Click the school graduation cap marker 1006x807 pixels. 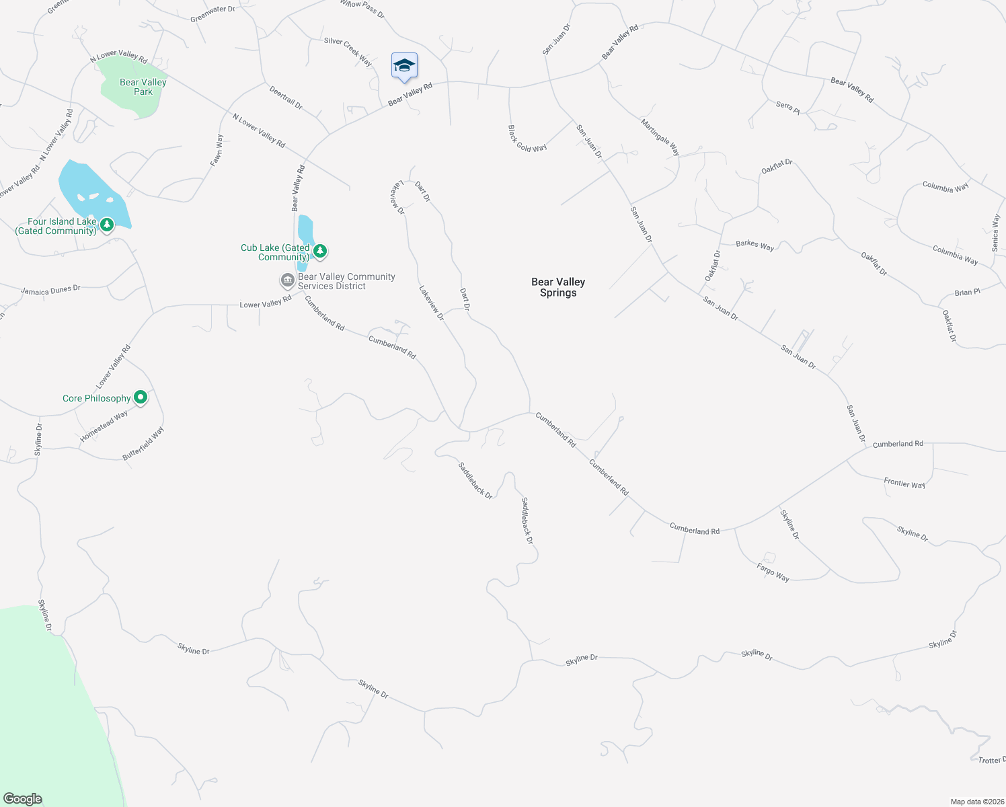pos(404,66)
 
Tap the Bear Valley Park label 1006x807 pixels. pos(143,87)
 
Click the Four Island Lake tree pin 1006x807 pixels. pos(106,224)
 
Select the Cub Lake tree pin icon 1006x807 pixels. pos(321,251)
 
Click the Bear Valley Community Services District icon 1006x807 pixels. pos(288,280)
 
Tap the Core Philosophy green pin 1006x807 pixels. pos(141,397)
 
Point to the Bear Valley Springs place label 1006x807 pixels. pos(558,287)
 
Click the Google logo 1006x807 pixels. pos(23,799)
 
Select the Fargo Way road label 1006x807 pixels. pos(773,572)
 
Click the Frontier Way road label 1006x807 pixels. pos(904,484)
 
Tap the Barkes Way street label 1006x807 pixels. pos(754,245)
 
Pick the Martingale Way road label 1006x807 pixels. pos(660,137)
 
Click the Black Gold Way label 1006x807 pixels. pos(527,139)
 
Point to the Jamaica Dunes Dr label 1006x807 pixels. pos(50,290)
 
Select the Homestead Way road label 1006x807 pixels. pos(104,426)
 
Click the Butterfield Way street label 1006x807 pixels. pos(143,444)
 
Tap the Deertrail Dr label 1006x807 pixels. pos(286,98)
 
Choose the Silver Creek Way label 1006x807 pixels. pos(348,51)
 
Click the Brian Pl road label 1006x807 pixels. pos(968,293)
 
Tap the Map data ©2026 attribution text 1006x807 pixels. pos(976,802)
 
